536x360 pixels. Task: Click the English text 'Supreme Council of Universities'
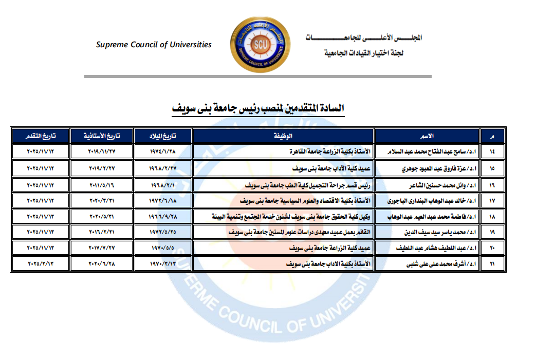pyautogui.click(x=154, y=45)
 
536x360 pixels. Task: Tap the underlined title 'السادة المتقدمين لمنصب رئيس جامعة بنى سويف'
pyautogui.click(x=257, y=109)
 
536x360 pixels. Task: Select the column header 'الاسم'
pyautogui.click(x=427, y=136)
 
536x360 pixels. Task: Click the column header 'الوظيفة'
pyautogui.click(x=283, y=136)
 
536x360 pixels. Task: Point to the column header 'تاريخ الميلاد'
pyautogui.click(x=162, y=136)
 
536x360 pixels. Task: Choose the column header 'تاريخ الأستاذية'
pyautogui.click(x=102, y=136)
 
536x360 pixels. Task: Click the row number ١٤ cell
pyautogui.click(x=492, y=152)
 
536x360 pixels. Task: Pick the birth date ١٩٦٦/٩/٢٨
pyautogui.click(x=162, y=216)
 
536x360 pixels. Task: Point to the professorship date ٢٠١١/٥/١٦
pyautogui.click(x=102, y=184)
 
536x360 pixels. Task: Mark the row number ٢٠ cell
pyautogui.click(x=492, y=249)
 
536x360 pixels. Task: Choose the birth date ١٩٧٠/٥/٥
pyautogui.click(x=162, y=249)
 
